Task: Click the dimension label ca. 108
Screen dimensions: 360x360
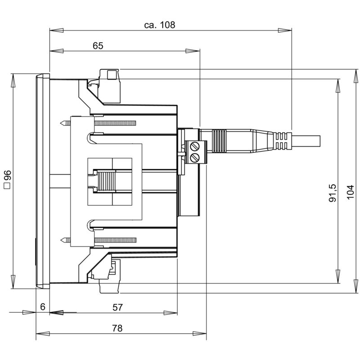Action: (x=159, y=25)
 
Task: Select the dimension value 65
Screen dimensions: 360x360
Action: (x=98, y=45)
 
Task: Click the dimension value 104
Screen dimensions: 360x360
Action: (x=351, y=191)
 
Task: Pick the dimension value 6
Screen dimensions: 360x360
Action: (x=42, y=307)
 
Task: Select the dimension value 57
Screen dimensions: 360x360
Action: (x=117, y=307)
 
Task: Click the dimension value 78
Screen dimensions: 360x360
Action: (x=117, y=328)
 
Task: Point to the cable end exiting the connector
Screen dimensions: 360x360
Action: (x=310, y=140)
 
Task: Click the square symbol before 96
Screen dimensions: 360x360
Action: (x=7, y=186)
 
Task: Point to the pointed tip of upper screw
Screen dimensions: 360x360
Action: (x=61, y=123)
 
